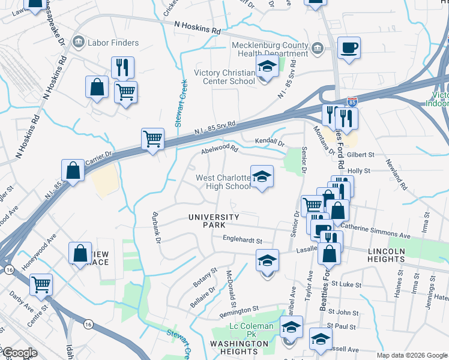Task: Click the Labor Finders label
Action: [113, 43]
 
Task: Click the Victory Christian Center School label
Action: [224, 77]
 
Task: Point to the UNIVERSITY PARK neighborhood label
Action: [214, 221]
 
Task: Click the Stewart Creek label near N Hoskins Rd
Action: [178, 103]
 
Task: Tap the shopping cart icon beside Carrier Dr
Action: [152, 139]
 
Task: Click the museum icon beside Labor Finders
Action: [78, 43]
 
